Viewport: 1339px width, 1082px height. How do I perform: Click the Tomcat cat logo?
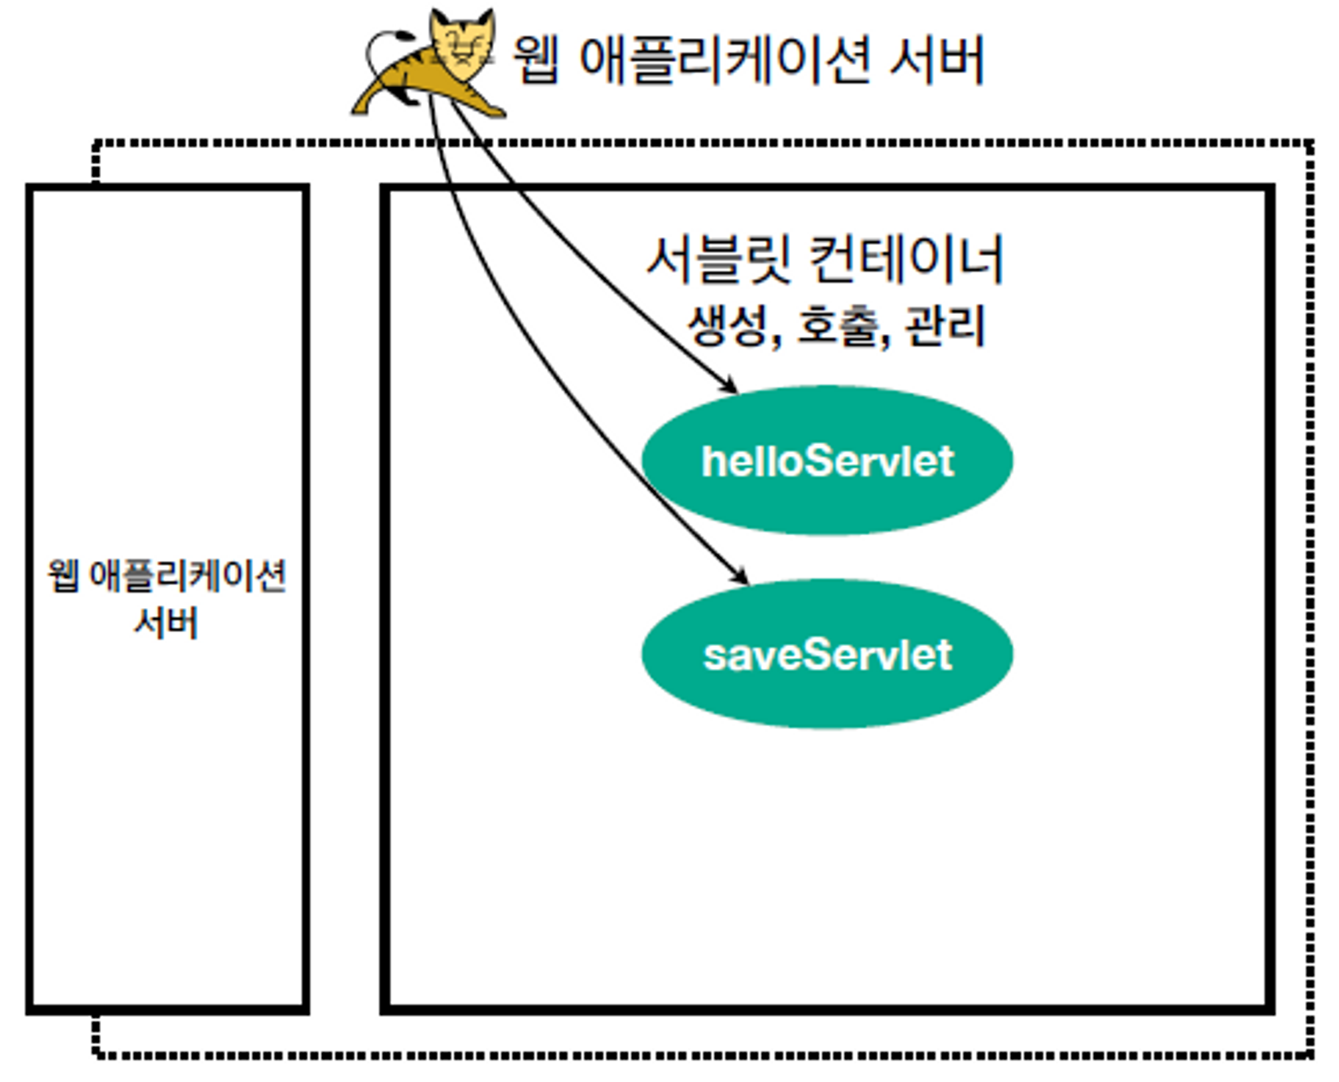428,64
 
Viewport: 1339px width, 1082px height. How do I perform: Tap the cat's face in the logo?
461,44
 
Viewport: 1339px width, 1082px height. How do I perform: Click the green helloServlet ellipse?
827,461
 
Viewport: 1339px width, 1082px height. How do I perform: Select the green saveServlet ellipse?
827,654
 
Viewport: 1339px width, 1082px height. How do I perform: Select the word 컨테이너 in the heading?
907,260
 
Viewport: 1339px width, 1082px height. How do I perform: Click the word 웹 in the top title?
536,60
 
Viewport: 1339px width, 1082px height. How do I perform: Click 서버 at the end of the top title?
937,60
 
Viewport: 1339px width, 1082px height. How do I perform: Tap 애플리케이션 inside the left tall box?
187,576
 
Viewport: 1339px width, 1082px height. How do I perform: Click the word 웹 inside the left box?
63,576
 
